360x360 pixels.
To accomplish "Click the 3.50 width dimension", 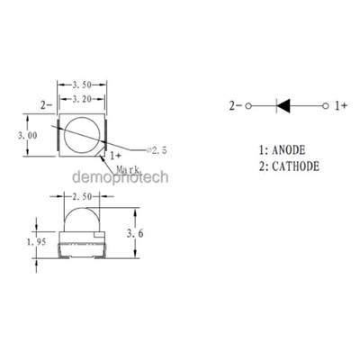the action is pos(82,85).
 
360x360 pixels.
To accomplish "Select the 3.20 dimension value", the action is pos(82,99).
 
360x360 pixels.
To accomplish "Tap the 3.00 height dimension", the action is pos(28,135).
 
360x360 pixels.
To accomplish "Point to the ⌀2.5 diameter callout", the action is pos(156,150).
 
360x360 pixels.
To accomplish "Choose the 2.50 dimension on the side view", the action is pos(82,196).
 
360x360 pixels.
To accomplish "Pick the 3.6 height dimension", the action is pos(135,233).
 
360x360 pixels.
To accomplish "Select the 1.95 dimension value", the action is pos(37,242).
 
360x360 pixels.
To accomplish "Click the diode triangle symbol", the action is pos(283,106).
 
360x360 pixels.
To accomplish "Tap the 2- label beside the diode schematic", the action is pos(236,105).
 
